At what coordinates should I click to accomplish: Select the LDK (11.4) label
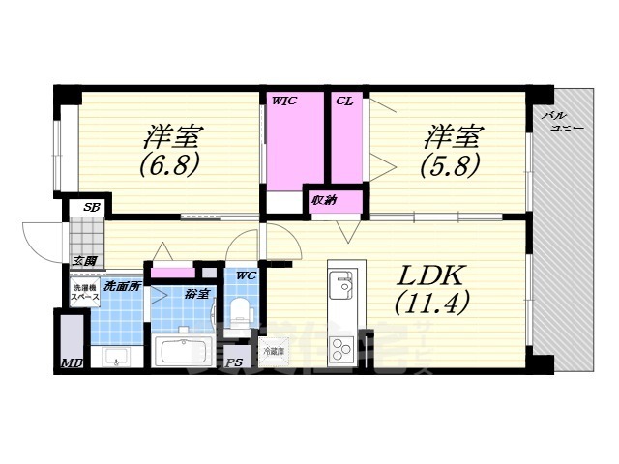coord(432,287)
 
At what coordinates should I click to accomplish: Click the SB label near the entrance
coord(92,207)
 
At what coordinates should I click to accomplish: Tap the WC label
coord(246,276)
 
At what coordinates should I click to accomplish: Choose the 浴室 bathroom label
coord(196,293)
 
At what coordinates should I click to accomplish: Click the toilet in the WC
coord(242,314)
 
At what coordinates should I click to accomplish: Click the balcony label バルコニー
coord(561,121)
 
